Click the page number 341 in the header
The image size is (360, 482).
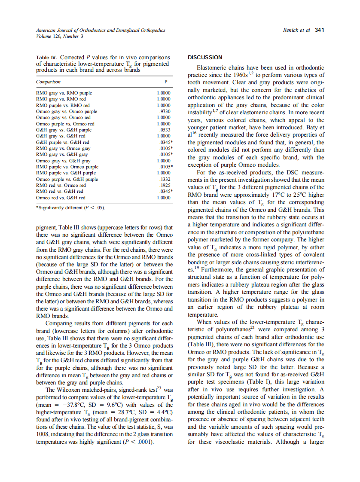[x=319, y=30]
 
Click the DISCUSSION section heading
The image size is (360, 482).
[x=205, y=57]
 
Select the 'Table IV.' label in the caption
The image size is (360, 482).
[x=47, y=58]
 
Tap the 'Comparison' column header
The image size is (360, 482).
[x=48, y=82]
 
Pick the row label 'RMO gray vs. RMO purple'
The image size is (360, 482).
[x=64, y=93]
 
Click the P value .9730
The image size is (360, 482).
[x=165, y=111]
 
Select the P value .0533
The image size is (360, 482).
[x=165, y=130]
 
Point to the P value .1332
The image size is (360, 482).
[x=165, y=179]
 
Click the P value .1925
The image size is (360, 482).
[x=165, y=186]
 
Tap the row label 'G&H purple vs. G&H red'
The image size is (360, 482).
[x=63, y=142]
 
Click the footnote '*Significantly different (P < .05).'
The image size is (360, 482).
[x=70, y=208]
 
